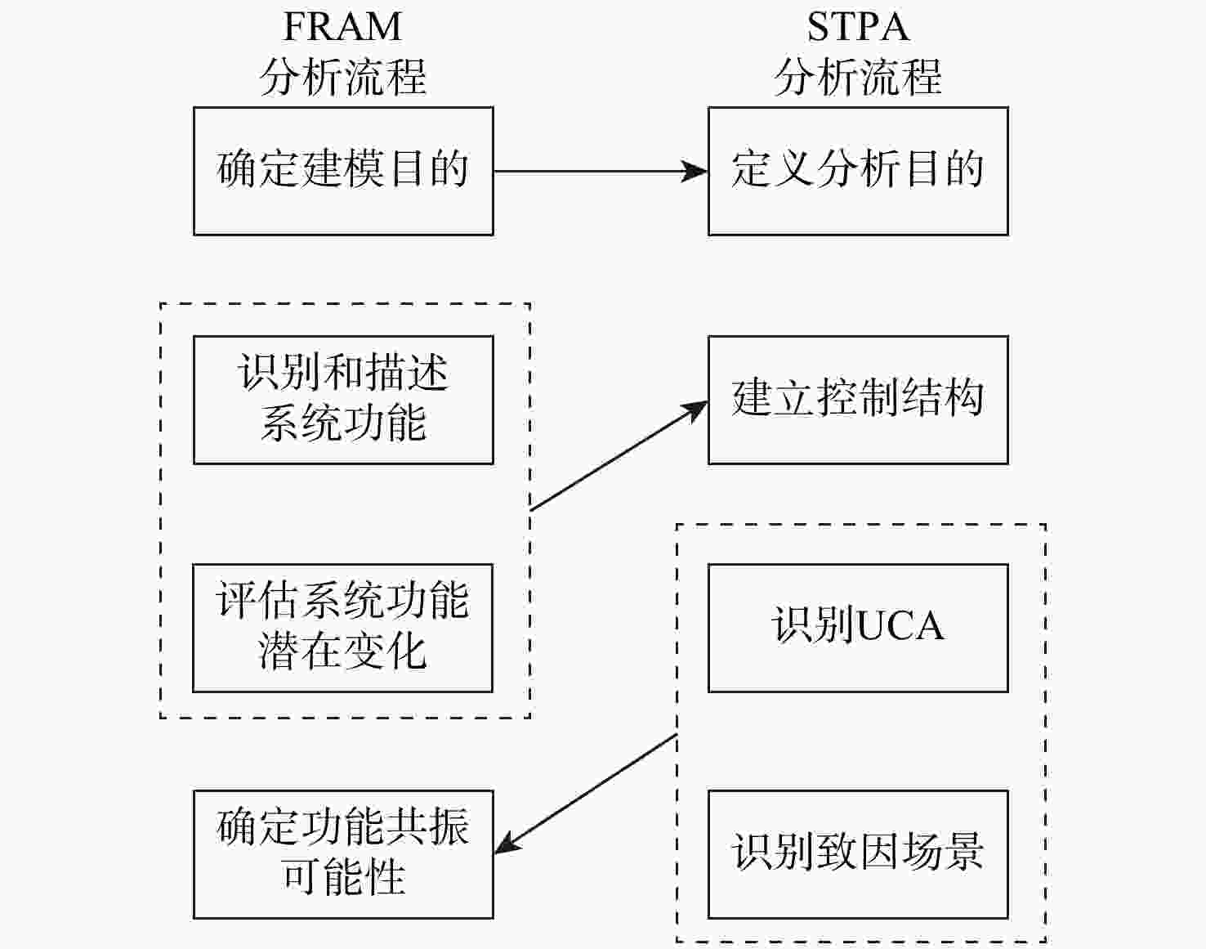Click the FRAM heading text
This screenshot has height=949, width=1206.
[x=342, y=27]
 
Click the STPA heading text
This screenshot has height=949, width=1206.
[x=858, y=27]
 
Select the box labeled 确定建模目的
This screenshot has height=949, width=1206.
[x=343, y=171]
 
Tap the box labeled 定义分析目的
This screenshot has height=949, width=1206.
[x=858, y=171]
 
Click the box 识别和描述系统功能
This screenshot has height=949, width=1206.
[x=343, y=400]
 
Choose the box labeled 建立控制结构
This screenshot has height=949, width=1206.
[x=858, y=400]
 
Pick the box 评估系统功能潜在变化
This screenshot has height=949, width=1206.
[x=343, y=628]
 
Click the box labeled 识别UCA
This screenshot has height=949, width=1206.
[x=858, y=628]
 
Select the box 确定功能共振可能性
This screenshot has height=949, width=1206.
[x=343, y=854]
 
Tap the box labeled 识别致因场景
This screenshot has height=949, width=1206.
[x=858, y=854]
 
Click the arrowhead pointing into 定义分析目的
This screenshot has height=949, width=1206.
[x=696, y=171]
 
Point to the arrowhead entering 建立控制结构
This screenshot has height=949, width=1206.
[x=697, y=409]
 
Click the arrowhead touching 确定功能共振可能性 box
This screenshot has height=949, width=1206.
[x=506, y=846]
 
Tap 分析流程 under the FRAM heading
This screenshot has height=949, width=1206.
[x=343, y=78]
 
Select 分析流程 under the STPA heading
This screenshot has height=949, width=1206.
[x=858, y=78]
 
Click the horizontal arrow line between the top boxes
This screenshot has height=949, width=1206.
[x=588, y=171]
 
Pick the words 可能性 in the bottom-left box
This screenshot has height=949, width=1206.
[x=343, y=878]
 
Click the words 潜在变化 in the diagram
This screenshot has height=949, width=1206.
[x=343, y=652]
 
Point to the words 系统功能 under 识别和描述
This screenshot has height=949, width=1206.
[x=343, y=423]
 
